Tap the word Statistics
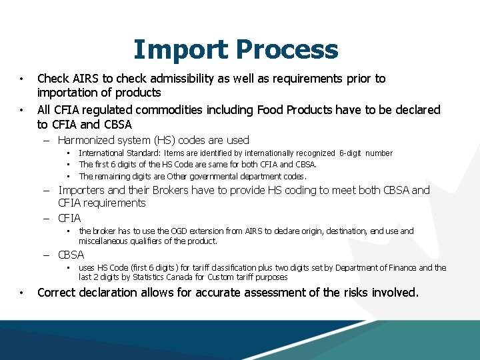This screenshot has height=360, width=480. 147,277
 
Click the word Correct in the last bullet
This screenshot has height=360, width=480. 58,293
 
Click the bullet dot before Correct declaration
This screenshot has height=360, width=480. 22,293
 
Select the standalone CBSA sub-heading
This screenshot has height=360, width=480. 71,255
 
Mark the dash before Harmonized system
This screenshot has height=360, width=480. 49,141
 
